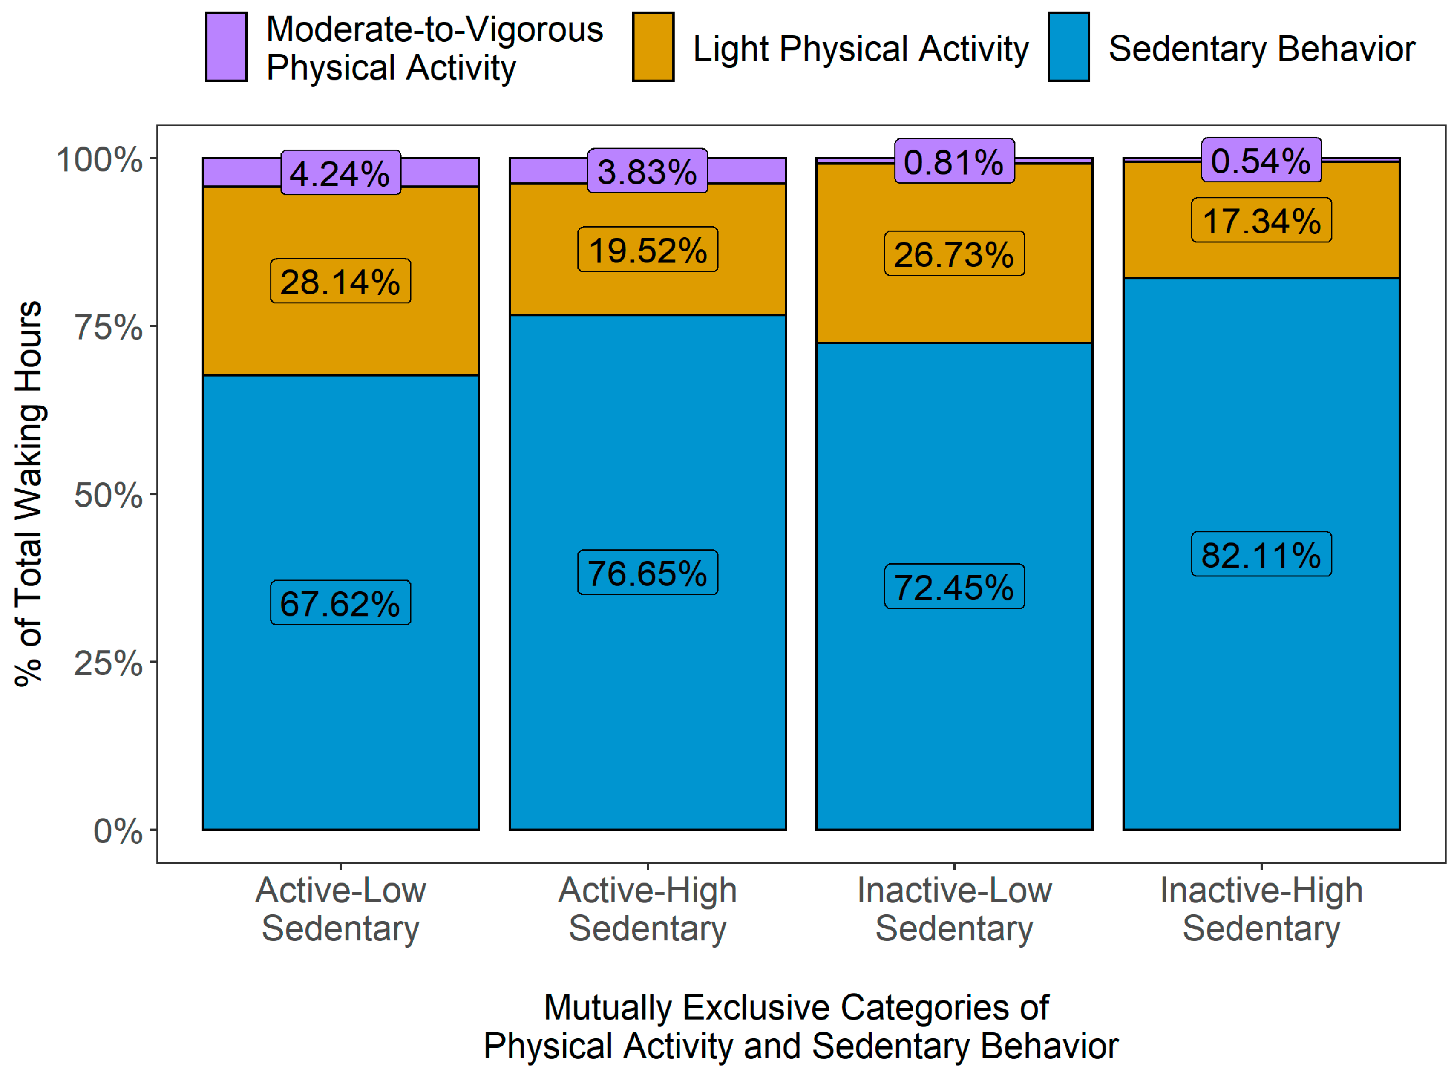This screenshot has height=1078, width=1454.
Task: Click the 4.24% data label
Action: click(x=340, y=173)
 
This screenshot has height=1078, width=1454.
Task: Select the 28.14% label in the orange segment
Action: click(x=340, y=281)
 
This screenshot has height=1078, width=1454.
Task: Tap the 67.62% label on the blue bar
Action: click(x=340, y=603)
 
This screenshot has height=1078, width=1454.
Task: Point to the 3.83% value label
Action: click(x=647, y=171)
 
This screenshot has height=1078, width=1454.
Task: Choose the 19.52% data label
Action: click(x=648, y=249)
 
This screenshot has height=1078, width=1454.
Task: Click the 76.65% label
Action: click(x=648, y=572)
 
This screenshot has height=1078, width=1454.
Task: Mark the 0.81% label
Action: click(x=954, y=161)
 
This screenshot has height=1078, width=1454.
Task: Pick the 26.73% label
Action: click(x=954, y=253)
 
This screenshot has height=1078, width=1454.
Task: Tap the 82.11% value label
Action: click(x=1261, y=554)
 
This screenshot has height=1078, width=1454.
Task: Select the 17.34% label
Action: click(x=1261, y=220)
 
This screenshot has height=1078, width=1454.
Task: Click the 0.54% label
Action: click(x=1261, y=160)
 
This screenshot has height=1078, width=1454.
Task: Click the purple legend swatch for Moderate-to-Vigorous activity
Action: click(x=226, y=47)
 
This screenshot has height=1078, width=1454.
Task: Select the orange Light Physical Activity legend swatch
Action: click(x=653, y=47)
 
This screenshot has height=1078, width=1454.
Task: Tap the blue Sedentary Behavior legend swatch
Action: click(x=1068, y=47)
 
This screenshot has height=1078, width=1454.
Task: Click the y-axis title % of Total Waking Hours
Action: click(x=29, y=493)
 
